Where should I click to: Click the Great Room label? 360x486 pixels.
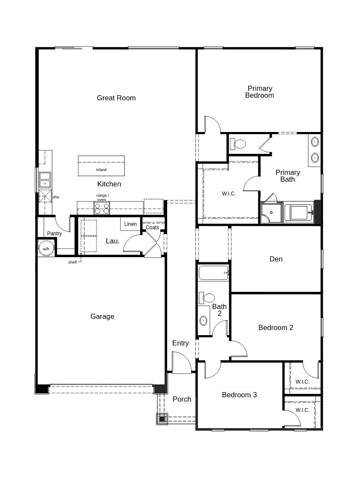[116, 98]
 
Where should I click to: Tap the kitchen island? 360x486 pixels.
[101, 165]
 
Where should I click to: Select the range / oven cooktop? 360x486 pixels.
[102, 208]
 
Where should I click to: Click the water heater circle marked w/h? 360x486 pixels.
[46, 249]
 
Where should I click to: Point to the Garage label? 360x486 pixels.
[102, 316]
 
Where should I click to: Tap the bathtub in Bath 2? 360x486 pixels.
[213, 273]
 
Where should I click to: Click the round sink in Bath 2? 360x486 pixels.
[204, 320]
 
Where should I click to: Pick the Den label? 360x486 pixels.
[276, 259]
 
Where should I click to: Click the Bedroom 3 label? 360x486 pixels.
[239, 395]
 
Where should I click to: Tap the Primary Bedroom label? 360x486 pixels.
[259, 92]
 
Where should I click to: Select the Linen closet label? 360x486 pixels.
[130, 224]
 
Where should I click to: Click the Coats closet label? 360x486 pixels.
[152, 228]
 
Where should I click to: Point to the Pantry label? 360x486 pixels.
[54, 234]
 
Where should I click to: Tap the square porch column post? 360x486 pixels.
[162, 419]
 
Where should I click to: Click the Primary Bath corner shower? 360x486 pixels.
[271, 213]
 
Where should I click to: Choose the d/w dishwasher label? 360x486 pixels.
[56, 197]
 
